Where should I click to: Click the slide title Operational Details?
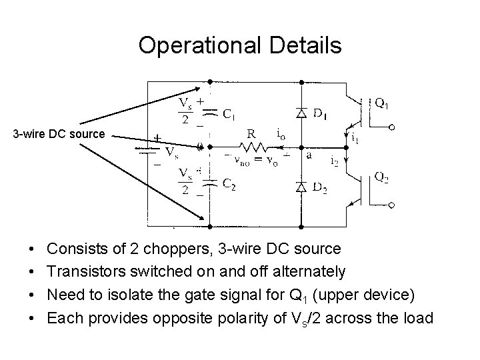click(x=240, y=45)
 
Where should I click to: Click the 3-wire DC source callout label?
click(x=59, y=134)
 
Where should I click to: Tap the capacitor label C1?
click(x=228, y=115)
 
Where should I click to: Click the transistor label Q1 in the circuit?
click(x=382, y=103)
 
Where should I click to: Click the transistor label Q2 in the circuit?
click(x=382, y=177)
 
